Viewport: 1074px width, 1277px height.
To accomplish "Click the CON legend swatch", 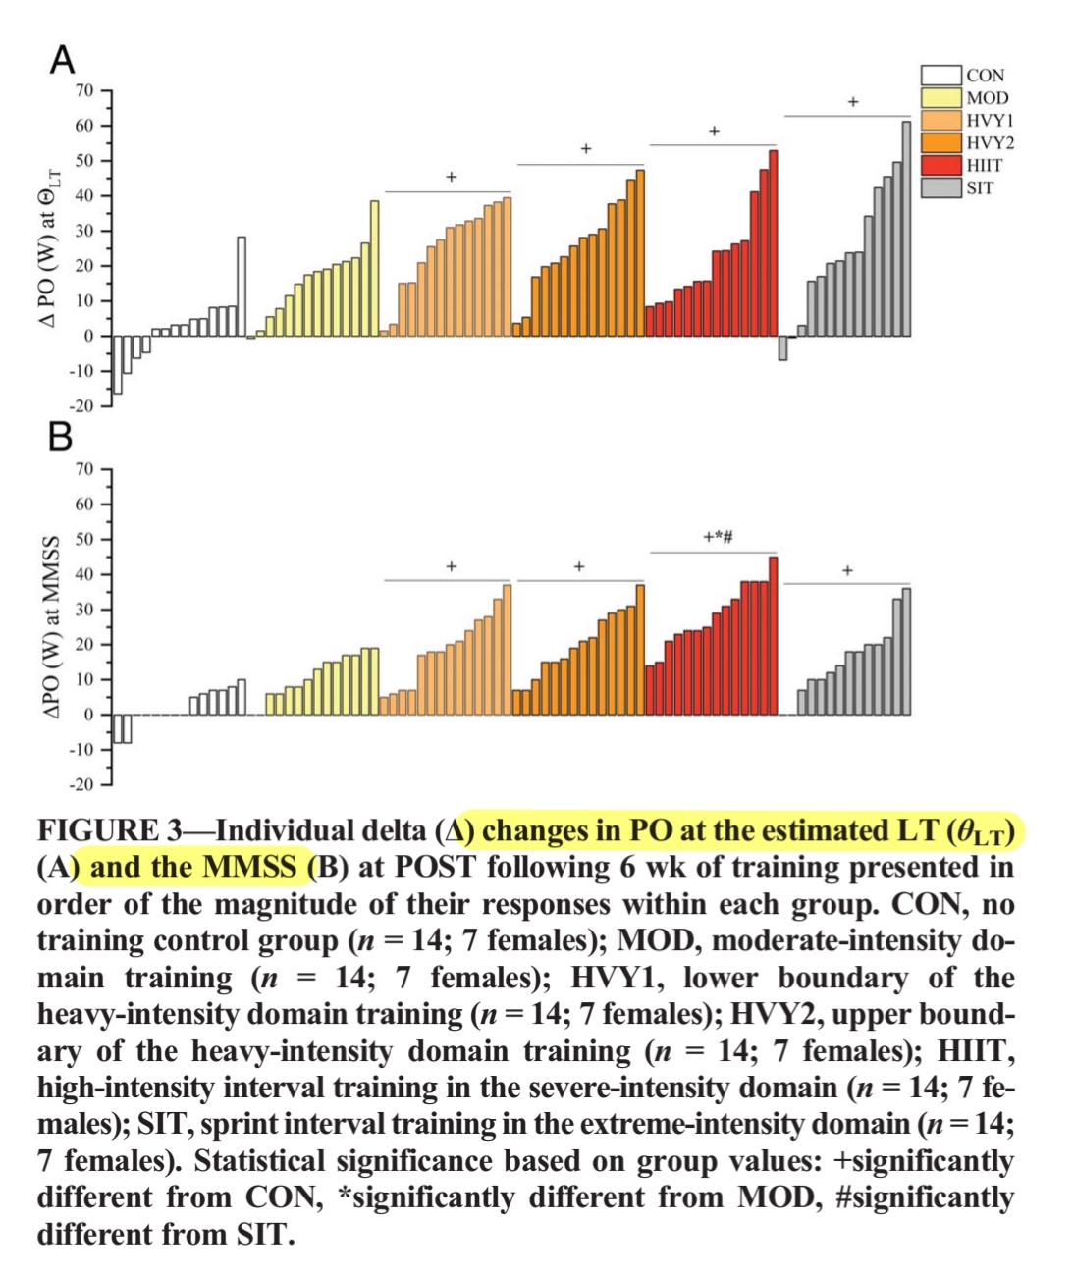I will (940, 76).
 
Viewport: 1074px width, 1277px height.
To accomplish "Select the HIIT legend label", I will (985, 165).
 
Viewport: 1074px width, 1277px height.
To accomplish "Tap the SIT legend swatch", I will (940, 187).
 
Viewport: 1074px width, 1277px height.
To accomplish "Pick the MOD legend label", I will (987, 98).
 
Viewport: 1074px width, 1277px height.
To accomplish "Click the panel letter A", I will (62, 61).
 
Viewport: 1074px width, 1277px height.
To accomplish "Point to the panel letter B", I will (61, 436).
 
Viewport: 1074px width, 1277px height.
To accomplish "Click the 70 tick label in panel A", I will (84, 91).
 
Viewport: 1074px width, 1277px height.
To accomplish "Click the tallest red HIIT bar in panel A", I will (773, 242).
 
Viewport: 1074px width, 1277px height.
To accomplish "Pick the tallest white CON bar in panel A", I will (242, 286).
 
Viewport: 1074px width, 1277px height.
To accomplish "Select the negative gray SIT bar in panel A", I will (782, 347).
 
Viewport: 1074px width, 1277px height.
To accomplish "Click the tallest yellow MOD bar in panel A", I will (374, 268).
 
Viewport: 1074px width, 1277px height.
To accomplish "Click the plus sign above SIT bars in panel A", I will (853, 102).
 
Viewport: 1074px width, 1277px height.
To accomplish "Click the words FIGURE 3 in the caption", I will (109, 830).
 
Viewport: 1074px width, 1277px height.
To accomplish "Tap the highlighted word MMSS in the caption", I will (249, 867).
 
